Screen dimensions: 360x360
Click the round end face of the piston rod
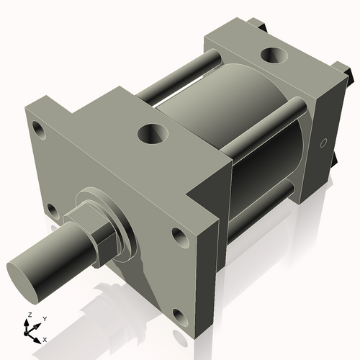coord(24,280)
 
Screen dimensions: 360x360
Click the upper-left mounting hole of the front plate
coord(37,130)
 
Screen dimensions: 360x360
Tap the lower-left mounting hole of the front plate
coord(52,210)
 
